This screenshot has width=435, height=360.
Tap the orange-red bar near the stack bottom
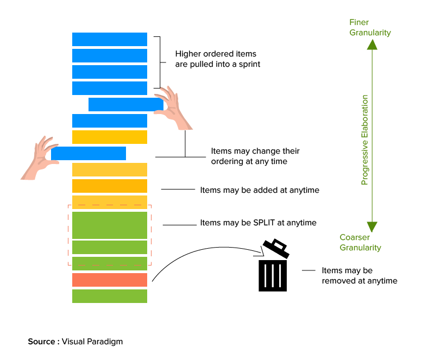coord(110,280)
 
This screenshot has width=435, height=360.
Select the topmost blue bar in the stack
coord(110,39)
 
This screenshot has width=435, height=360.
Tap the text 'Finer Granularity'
coord(370,28)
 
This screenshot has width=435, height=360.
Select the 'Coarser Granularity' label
coord(360,242)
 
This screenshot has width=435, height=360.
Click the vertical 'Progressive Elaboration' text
coord(365,140)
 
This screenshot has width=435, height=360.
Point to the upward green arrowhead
coord(371,44)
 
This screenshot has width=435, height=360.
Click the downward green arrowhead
coord(371,226)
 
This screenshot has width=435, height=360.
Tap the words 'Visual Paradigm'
coord(92,342)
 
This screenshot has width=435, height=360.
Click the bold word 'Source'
coord(42,342)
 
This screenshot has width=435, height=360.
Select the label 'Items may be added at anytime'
coord(260,190)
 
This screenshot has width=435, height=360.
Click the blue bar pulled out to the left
coord(89,153)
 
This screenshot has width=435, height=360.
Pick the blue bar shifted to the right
coord(125,104)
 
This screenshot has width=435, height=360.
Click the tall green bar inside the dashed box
coord(110,225)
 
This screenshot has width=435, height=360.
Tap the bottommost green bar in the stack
coord(110,296)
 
